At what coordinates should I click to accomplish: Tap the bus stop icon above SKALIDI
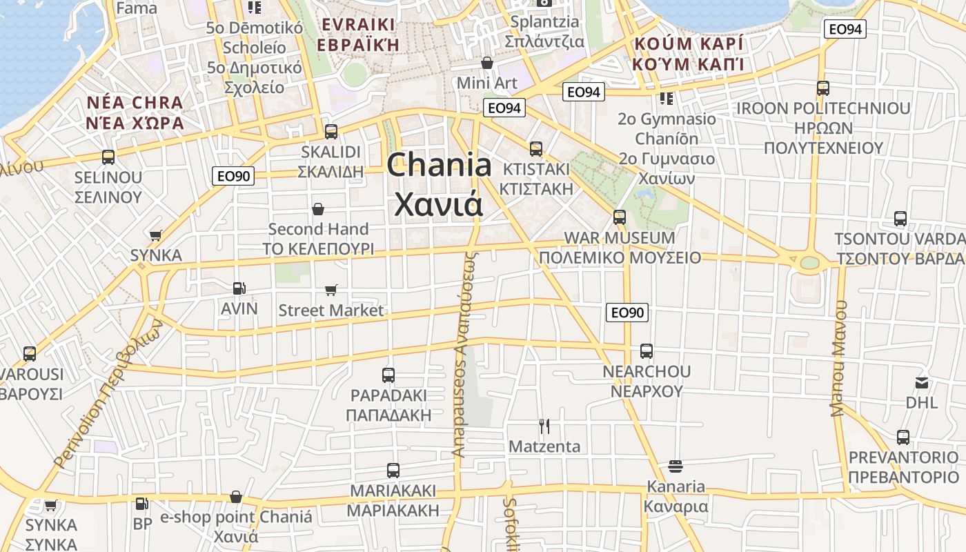click(331, 131)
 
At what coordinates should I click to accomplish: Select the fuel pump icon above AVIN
click(239, 288)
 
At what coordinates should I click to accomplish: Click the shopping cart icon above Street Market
click(331, 290)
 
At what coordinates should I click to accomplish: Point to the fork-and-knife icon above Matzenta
click(544, 426)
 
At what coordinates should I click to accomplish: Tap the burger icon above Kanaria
click(675, 466)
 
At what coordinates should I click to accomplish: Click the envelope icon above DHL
click(922, 382)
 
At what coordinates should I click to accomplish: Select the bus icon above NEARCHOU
click(647, 351)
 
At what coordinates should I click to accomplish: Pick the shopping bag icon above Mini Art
click(487, 63)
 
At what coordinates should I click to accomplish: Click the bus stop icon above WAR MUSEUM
click(620, 217)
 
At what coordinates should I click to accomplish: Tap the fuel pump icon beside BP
click(141, 504)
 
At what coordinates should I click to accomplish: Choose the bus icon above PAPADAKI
click(388, 375)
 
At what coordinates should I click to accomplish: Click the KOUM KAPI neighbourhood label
click(689, 55)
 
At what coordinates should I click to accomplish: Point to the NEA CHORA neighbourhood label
click(135, 113)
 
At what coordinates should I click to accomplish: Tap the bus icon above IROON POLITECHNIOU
click(822, 88)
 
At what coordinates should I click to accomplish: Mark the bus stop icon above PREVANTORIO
click(903, 437)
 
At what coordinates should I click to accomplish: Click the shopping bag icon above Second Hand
click(318, 208)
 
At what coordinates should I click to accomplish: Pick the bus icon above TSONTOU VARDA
click(900, 219)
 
